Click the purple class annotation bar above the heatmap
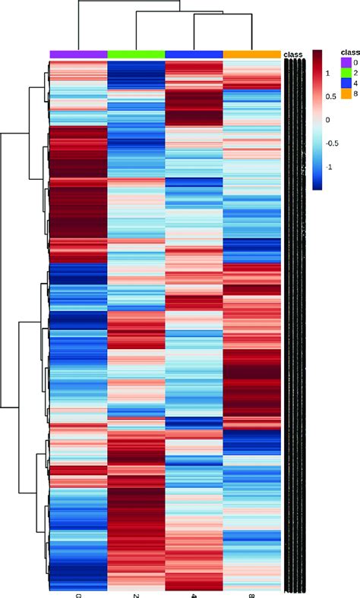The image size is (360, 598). click(x=78, y=54)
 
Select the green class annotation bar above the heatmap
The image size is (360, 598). click(x=136, y=54)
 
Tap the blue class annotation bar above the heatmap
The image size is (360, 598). click(x=194, y=54)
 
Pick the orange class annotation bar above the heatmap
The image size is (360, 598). click(x=252, y=54)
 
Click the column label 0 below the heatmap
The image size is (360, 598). click(x=78, y=587)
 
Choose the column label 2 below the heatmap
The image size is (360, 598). click(x=136, y=587)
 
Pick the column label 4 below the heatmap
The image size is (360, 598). click(x=194, y=587)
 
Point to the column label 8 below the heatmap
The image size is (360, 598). click(x=252, y=587)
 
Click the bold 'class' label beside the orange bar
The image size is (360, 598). click(x=292, y=55)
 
